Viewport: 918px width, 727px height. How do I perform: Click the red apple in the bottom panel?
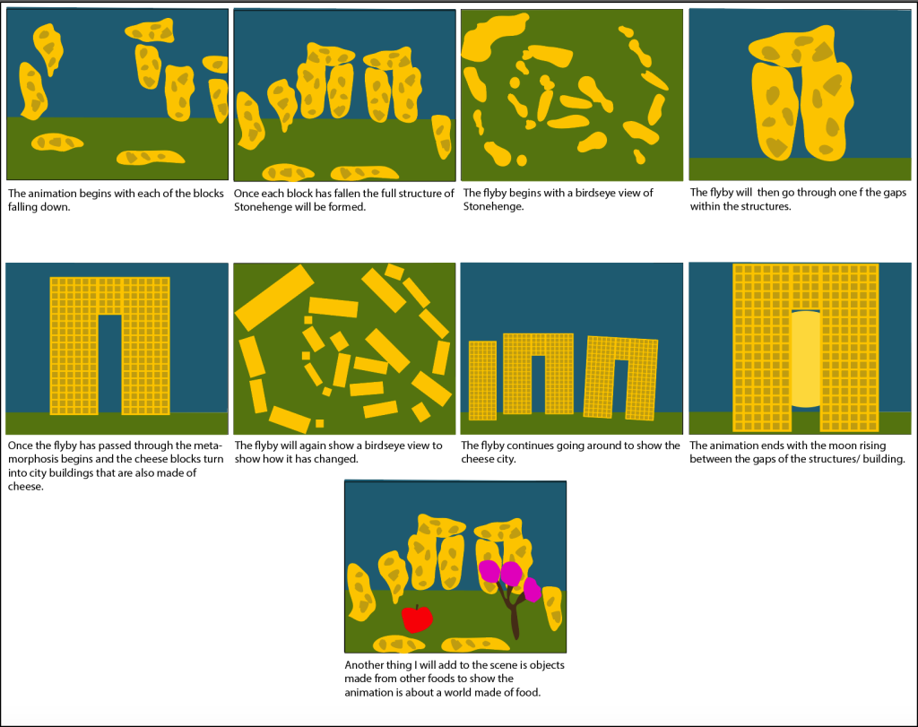[x=417, y=619]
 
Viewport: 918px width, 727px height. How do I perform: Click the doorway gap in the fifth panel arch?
[x=110, y=364]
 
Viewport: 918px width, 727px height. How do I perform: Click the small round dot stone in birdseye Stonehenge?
[x=522, y=160]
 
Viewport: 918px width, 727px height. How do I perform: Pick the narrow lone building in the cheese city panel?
[x=482, y=380]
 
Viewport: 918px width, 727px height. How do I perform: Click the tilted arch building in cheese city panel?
[x=621, y=377]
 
